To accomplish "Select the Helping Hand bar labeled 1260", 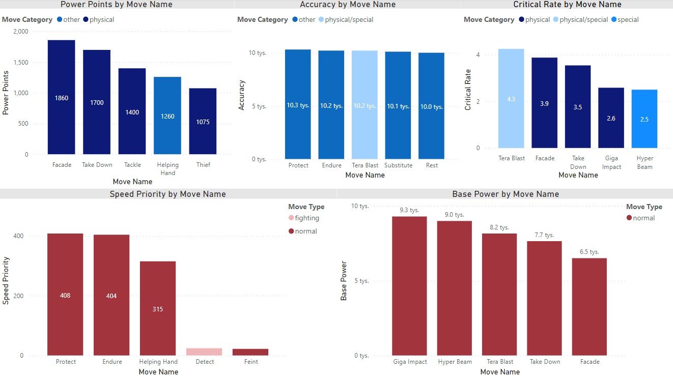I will pos(167,115).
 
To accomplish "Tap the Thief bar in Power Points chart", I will pos(203,121).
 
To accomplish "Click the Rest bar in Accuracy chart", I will pos(431,106).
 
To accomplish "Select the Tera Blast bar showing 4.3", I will pos(511,99).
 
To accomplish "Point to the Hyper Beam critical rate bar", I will pos(644,119).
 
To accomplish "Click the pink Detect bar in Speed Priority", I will pos(204,352).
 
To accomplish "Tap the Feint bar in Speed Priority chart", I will pos(250,352).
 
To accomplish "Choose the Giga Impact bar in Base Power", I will pos(409,286).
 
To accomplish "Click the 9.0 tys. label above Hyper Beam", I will pos(455,215).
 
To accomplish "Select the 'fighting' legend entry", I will pos(306,218).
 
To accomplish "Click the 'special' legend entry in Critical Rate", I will pos(628,20).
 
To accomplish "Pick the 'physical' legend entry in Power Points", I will pos(101,20).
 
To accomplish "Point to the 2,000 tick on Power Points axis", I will pos(21,32).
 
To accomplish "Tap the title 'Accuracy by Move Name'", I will pos(348,5).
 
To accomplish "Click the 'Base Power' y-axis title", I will pos(344,281).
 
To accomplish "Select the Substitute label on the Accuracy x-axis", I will pos(398,165).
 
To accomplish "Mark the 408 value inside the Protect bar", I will pos(65,295).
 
